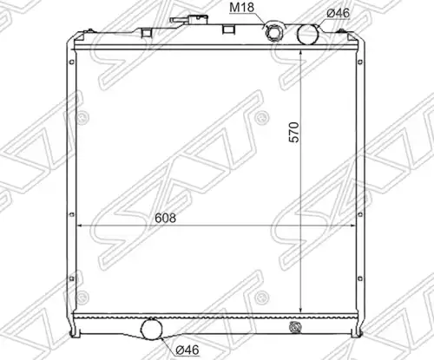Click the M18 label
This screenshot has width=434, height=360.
pos(241,8)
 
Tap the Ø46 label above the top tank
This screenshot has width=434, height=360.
pos(338,13)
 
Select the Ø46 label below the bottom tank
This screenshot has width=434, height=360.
pos(187,350)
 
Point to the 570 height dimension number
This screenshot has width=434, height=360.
pos(294,132)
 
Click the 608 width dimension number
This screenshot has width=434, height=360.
pos(165,218)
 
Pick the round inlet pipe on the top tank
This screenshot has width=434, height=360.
pos(308,34)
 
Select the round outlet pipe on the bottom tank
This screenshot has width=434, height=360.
pos(151,329)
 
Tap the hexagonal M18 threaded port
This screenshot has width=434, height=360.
pos(273,32)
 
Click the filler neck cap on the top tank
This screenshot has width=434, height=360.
pos(189,20)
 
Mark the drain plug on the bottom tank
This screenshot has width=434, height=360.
pos(295,327)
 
